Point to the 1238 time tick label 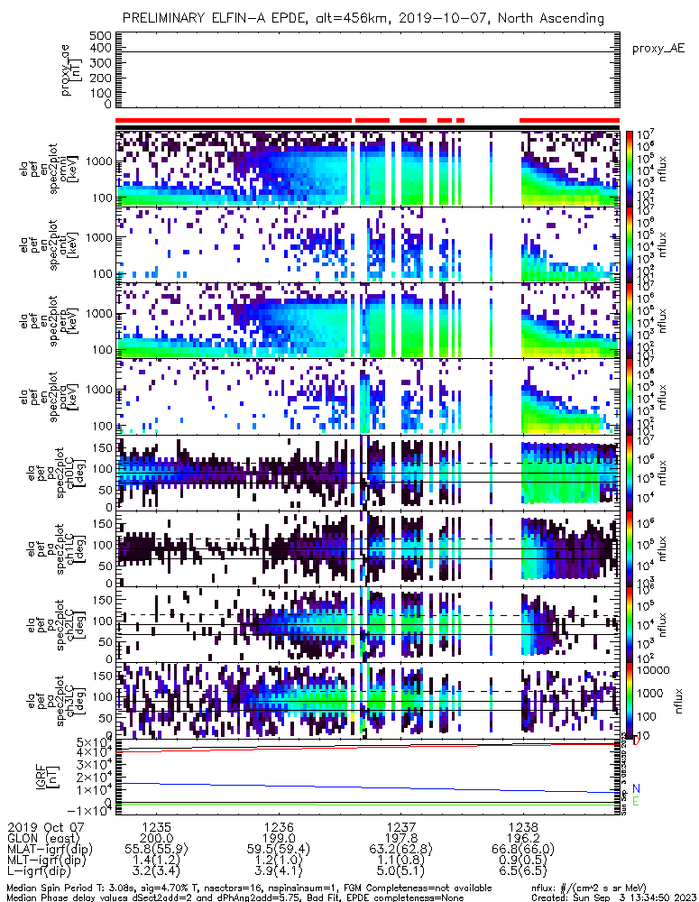pos(523,826)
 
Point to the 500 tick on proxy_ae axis pos(100,35)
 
